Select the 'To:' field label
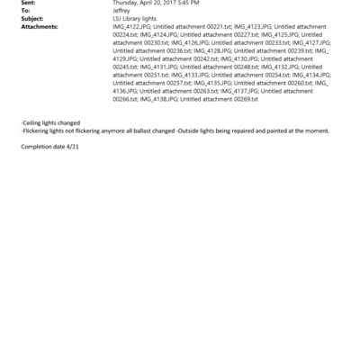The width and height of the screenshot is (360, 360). point(25,10)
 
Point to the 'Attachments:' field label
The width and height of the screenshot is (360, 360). point(39,26)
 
